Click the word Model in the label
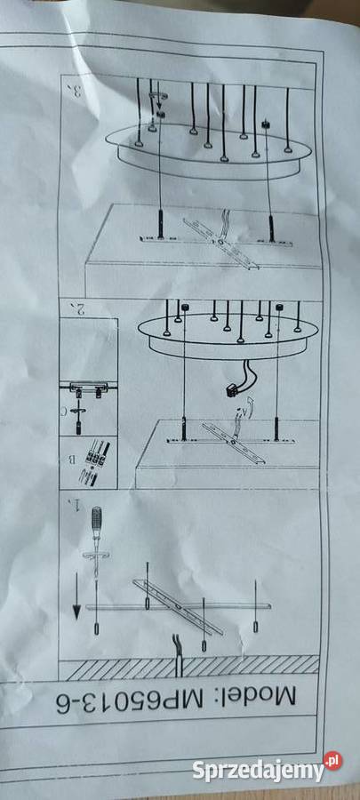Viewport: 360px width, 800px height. [278, 696]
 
